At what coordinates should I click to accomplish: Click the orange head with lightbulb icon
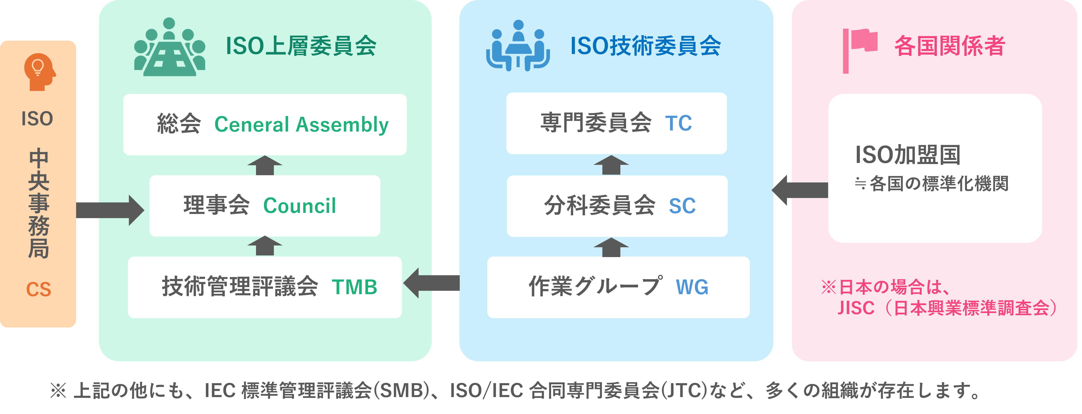(x=39, y=72)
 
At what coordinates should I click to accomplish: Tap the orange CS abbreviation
(x=39, y=290)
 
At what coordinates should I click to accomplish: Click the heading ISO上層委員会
(x=301, y=46)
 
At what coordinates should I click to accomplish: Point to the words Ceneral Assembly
(x=301, y=124)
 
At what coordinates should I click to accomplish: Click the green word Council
(x=299, y=206)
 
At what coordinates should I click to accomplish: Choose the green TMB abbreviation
(x=354, y=287)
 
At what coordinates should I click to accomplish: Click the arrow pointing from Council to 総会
(x=265, y=165)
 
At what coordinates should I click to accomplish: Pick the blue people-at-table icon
(x=518, y=46)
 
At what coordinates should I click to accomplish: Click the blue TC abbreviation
(x=678, y=123)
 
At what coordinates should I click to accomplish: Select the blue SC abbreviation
(x=682, y=206)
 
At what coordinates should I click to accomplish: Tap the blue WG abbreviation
(x=692, y=287)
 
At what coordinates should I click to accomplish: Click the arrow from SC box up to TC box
(x=611, y=165)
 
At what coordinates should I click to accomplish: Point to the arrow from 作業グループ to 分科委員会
(x=611, y=247)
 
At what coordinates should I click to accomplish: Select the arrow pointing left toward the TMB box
(x=431, y=283)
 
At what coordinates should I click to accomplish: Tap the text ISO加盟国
(x=908, y=155)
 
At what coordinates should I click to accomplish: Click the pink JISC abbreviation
(x=856, y=308)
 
